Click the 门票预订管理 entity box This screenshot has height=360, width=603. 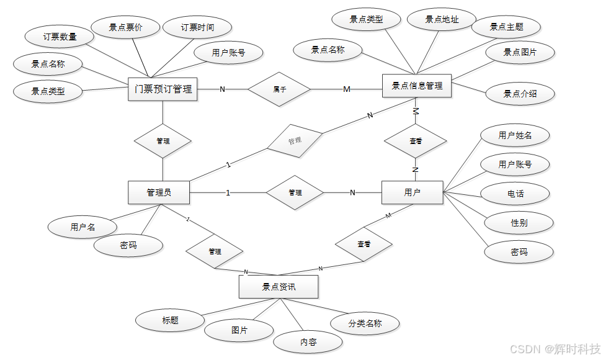click(x=163, y=89)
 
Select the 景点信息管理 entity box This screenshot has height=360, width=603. click(x=417, y=86)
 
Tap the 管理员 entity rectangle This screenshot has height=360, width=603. click(x=159, y=192)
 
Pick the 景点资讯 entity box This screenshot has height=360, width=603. click(x=279, y=287)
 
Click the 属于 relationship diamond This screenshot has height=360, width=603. click(x=279, y=89)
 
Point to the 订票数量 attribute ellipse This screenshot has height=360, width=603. click(x=60, y=37)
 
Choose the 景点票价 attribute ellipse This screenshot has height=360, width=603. click(x=125, y=27)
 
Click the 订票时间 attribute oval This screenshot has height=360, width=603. click(x=197, y=27)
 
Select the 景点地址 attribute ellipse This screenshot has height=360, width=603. click(x=442, y=20)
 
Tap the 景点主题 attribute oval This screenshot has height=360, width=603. click(x=506, y=27)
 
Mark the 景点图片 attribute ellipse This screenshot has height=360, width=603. click(x=520, y=53)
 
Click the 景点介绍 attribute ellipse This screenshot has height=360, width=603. click(x=520, y=94)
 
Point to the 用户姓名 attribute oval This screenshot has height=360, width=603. click(x=515, y=135)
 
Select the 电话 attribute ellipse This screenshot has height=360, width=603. click(x=515, y=194)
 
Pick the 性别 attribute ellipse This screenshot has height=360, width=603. click(x=519, y=223)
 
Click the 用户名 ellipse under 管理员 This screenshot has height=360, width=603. click(x=83, y=227)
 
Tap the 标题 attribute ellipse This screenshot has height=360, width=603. click(x=170, y=320)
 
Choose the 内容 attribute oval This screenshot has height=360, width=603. click(x=308, y=341)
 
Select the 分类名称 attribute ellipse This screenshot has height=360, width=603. click(x=365, y=323)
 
